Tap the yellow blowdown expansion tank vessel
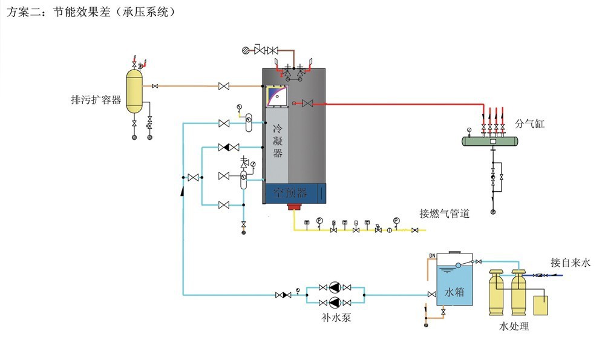pos(134,91)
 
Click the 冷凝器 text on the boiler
pos(278,140)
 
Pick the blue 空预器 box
pos(295,193)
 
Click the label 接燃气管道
pos(445,213)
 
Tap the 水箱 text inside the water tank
pos(454,292)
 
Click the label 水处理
pos(514,327)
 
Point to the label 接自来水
pos(569,263)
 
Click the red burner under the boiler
pos(295,208)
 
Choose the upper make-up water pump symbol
pos(335,287)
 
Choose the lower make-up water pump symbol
pos(335,302)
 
